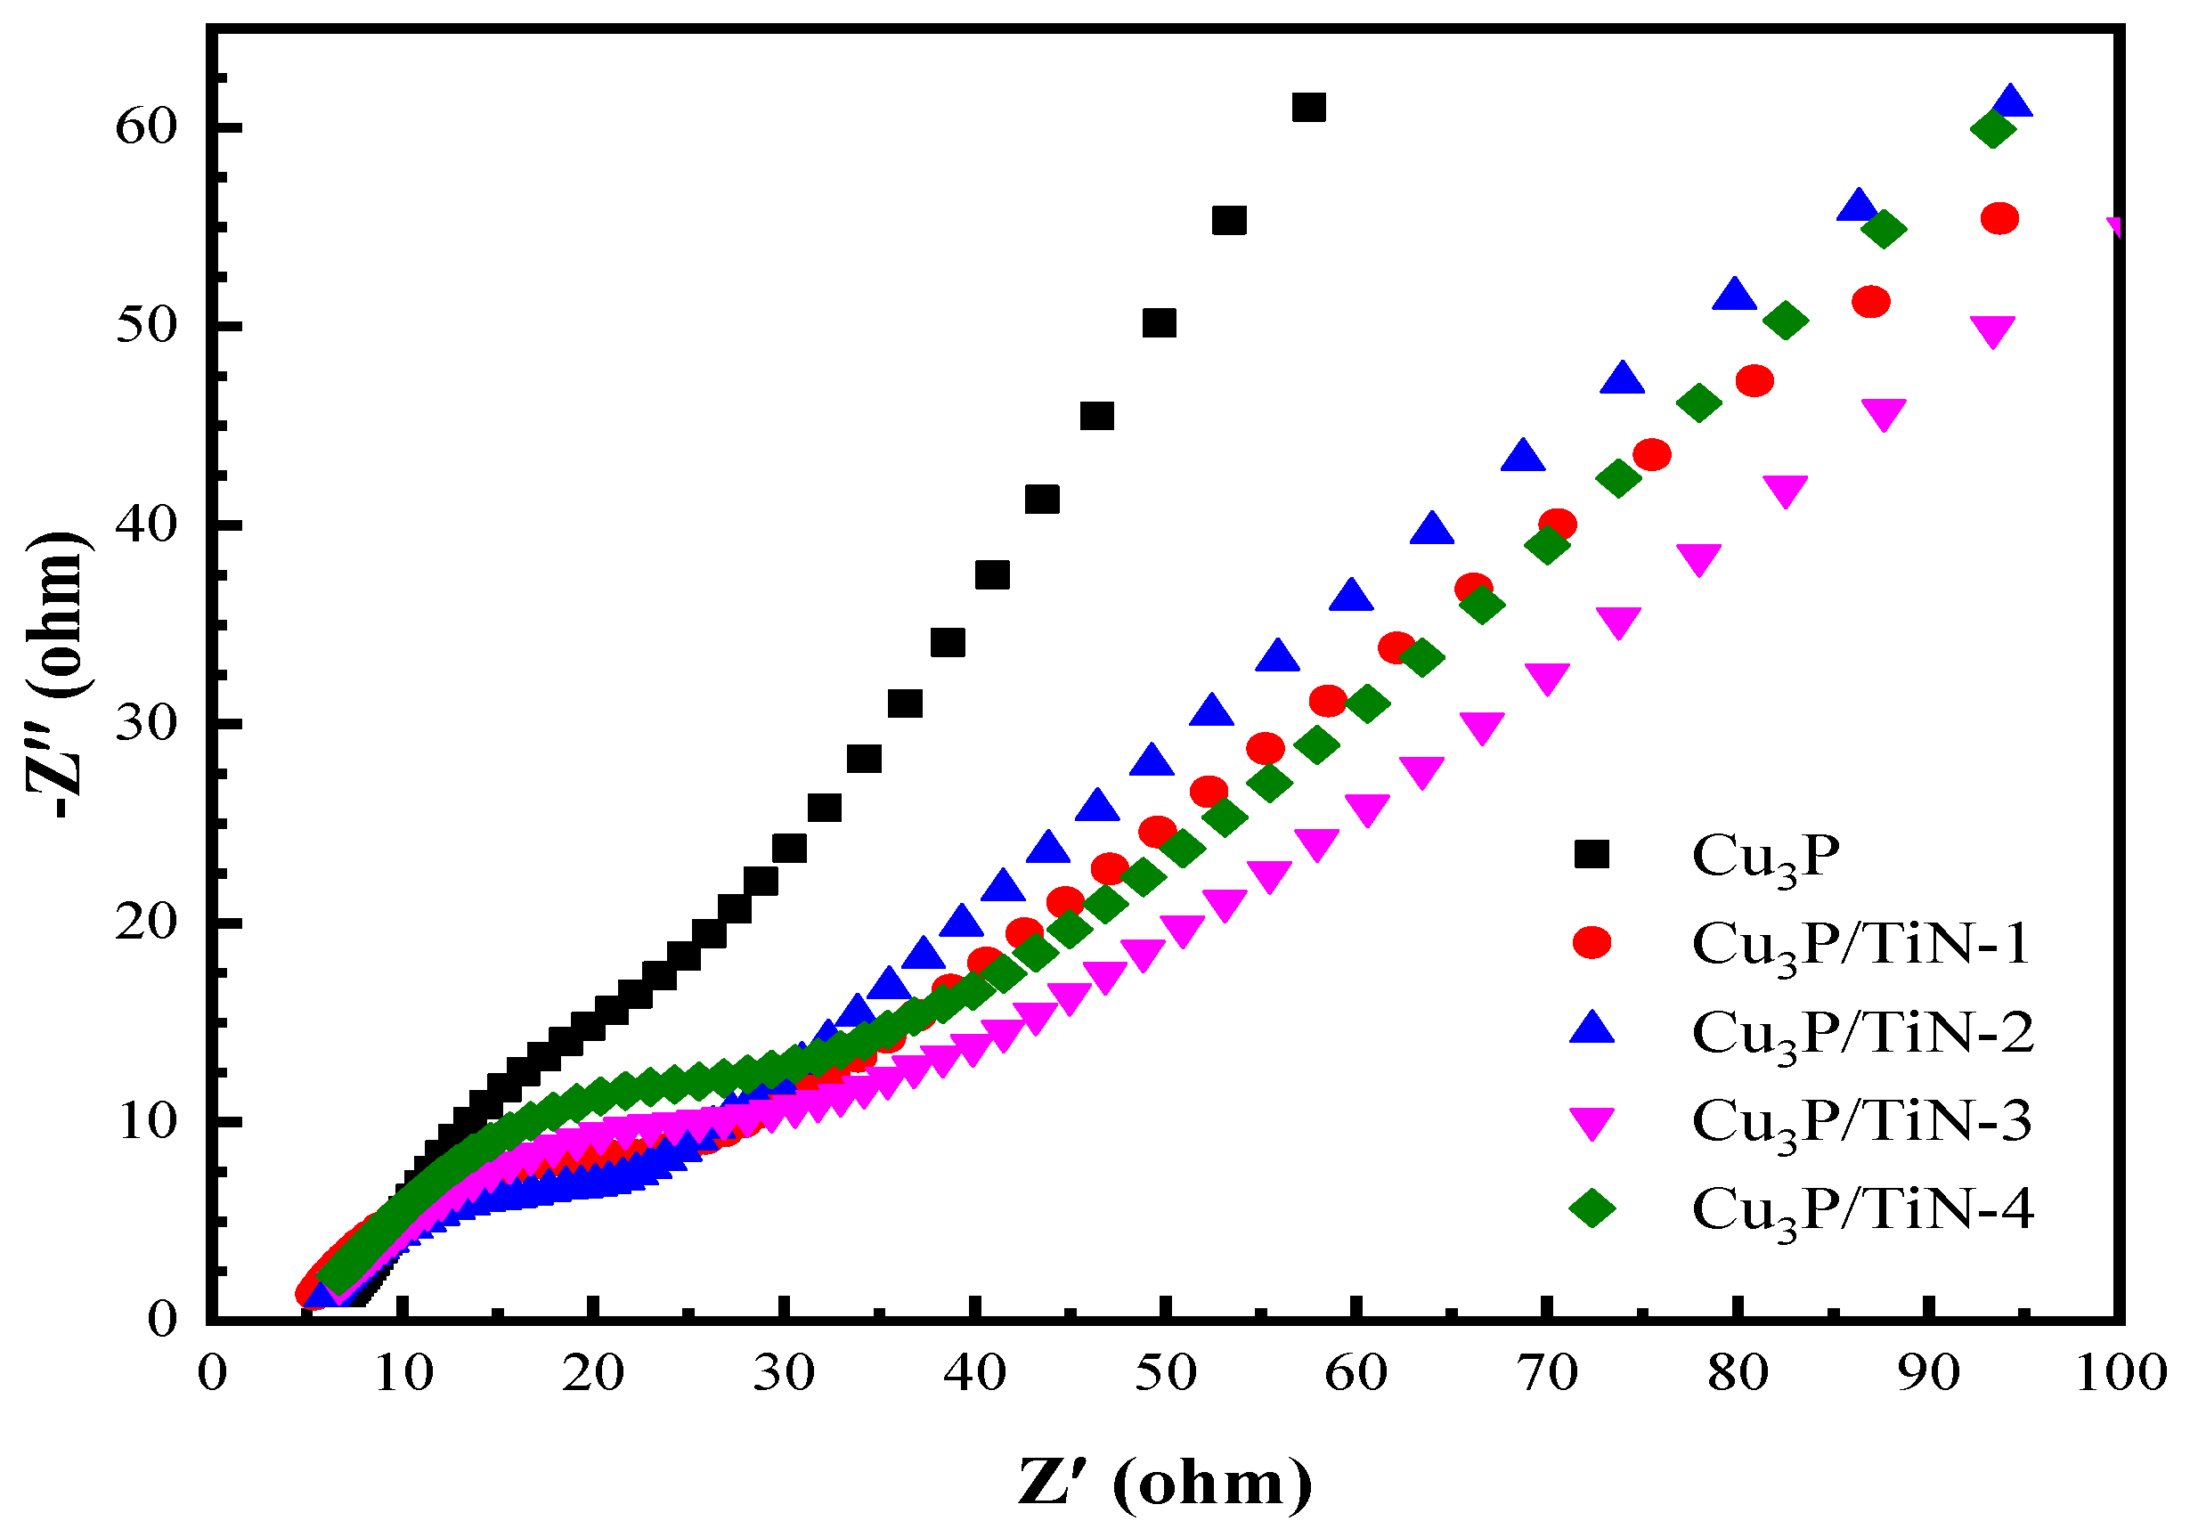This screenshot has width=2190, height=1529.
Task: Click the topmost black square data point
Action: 1308,107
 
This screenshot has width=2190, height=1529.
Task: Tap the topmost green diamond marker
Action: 1992,129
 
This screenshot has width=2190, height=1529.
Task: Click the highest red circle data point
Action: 1999,218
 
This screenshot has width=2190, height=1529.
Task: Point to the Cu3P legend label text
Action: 1764,857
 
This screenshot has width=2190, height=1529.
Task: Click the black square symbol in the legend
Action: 1591,854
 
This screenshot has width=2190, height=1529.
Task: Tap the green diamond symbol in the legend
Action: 1591,1208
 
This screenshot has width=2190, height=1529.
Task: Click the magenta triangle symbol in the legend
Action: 1591,1123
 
